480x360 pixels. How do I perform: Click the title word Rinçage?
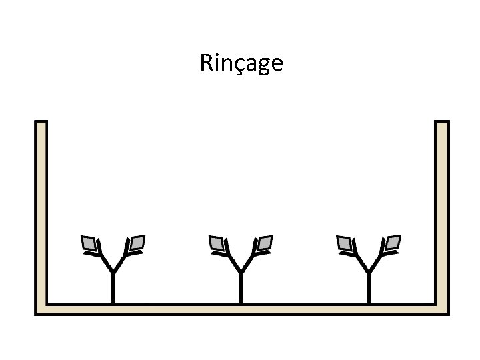[x=241, y=63]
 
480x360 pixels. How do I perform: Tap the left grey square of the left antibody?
[x=88, y=244]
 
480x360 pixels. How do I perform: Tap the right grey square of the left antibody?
[x=137, y=243]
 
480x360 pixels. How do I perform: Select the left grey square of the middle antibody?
[x=216, y=244]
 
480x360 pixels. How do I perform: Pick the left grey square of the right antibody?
[x=344, y=244]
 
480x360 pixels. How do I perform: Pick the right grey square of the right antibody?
[x=393, y=243]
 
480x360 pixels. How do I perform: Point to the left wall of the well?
[x=41, y=213]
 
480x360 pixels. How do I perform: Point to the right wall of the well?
[x=442, y=213]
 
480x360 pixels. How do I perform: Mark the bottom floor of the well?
[x=241, y=309]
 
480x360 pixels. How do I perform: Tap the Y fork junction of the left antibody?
[x=113, y=271]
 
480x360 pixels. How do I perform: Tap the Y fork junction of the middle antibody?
[x=241, y=271]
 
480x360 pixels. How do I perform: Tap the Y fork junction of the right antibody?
[x=369, y=271]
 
